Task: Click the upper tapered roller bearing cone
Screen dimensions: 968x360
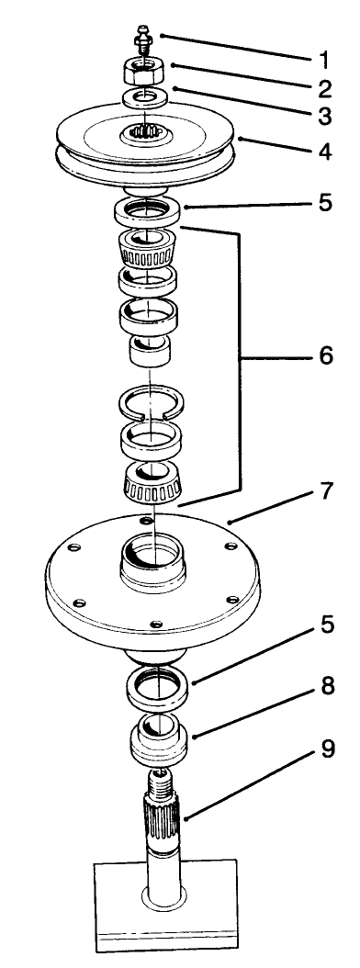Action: (x=149, y=250)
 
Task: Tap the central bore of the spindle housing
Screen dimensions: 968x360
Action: (x=152, y=557)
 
